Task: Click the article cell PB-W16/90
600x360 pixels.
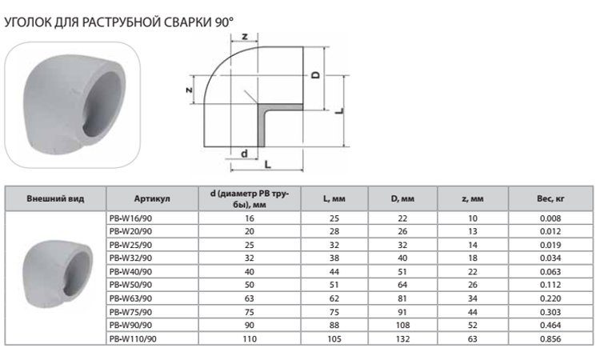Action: coord(129,218)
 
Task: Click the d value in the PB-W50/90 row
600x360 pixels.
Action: coord(249,285)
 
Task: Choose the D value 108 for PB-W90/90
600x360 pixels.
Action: coord(402,326)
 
